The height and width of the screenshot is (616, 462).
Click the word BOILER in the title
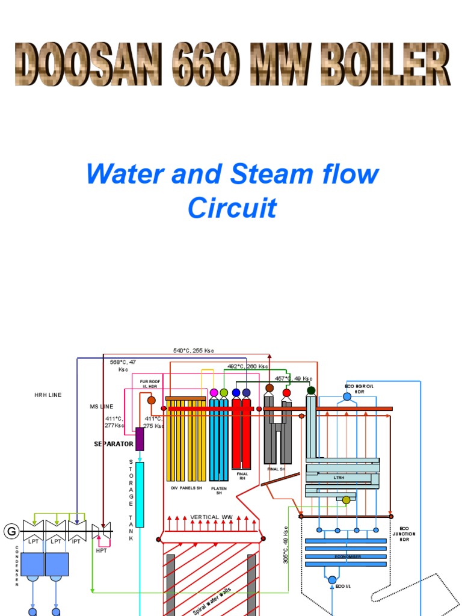tap(385, 64)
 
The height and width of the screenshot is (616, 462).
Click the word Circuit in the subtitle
tap(232, 208)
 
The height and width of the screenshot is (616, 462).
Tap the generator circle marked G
tap(10, 531)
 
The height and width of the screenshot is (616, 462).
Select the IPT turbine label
tap(76, 541)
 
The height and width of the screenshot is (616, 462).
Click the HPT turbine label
tap(101, 550)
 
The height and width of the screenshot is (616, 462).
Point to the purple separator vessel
tap(140, 439)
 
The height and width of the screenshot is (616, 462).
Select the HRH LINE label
tap(48, 395)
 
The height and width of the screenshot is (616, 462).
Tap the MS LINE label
tap(102, 407)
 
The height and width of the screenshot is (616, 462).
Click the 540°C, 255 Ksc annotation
tap(194, 351)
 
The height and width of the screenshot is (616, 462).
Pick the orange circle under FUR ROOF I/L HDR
tap(152, 400)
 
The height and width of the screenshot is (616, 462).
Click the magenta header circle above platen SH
tap(214, 393)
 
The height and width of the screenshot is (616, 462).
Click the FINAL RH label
tap(242, 476)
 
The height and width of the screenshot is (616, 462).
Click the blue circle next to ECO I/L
tap(332, 580)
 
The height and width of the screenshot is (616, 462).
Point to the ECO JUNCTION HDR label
tap(404, 534)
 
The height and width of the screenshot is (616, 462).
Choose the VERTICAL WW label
tap(211, 517)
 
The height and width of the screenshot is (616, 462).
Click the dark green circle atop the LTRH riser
tap(311, 390)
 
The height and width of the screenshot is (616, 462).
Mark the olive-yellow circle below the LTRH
tap(346, 500)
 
